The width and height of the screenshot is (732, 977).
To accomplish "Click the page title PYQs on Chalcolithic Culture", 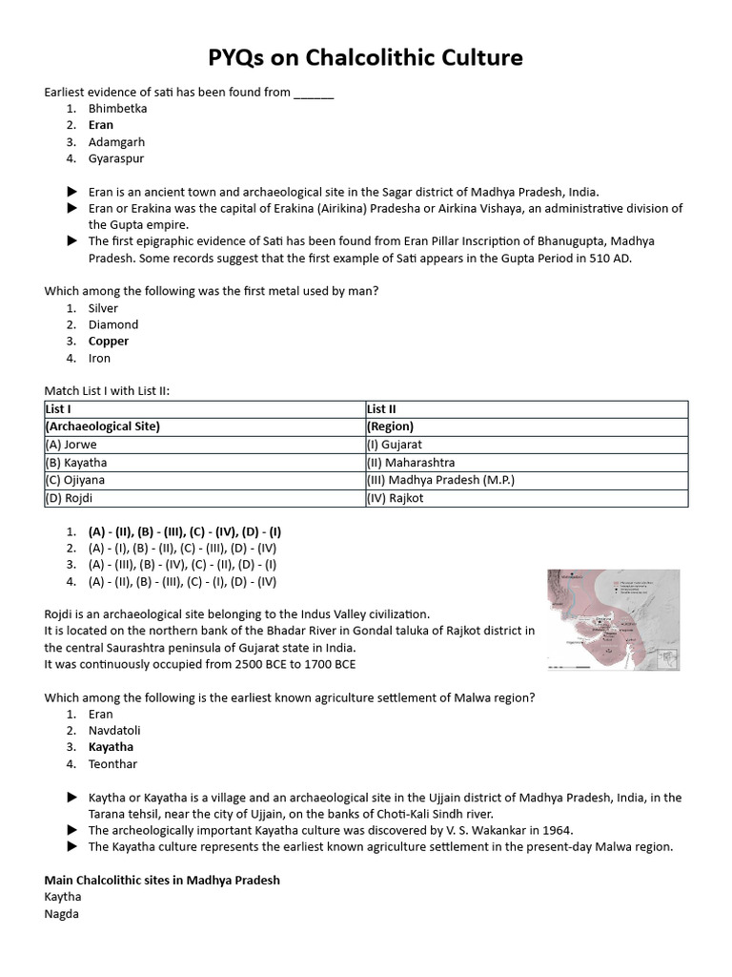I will coord(366,58).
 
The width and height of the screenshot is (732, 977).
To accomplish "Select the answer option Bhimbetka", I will coord(117,109).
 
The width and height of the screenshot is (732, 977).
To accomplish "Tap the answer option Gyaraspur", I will coord(116,158).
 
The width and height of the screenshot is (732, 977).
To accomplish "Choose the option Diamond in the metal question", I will coord(113,324).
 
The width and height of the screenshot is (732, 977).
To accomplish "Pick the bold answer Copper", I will coord(109,342).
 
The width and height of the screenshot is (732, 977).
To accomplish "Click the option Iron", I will coord(99,358).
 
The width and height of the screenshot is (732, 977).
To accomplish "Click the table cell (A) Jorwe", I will coord(71,445).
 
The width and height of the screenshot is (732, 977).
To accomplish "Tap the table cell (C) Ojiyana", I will coord(75,480).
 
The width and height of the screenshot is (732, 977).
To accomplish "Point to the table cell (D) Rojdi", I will coord(70,498).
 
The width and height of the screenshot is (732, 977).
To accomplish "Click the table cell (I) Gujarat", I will coord(395,445).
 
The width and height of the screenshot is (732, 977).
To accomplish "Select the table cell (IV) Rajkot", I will coord(396,498).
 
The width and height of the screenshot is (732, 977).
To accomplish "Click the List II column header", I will coord(382,409).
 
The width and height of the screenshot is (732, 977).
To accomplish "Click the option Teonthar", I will coord(112,764).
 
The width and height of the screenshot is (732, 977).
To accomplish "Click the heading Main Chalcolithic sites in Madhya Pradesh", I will coord(162,880).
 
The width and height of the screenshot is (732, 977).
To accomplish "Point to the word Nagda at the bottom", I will coord(62,914).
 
